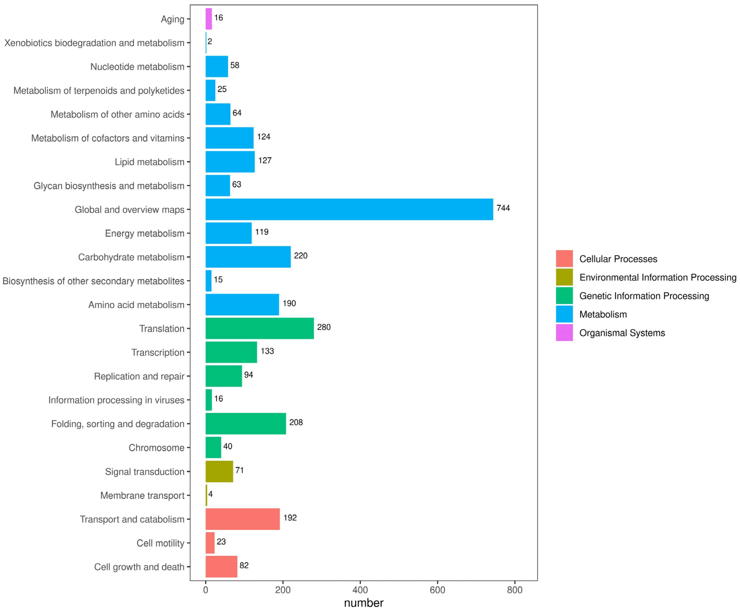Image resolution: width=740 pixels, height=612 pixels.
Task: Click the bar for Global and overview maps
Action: click(x=349, y=209)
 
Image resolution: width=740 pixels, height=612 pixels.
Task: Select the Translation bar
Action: click(x=259, y=328)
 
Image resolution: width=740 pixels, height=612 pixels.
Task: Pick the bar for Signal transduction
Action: click(x=219, y=471)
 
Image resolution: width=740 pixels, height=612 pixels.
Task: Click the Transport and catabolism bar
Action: click(x=243, y=519)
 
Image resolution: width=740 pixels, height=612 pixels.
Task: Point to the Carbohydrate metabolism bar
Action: click(x=248, y=257)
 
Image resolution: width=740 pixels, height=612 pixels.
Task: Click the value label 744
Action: click(x=503, y=208)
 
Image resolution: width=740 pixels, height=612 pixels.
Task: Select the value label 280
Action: click(x=323, y=327)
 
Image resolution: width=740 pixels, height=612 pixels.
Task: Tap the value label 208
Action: click(x=296, y=422)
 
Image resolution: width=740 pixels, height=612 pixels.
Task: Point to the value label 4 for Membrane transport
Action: click(x=210, y=494)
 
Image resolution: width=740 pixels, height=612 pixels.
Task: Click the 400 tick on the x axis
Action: click(x=360, y=590)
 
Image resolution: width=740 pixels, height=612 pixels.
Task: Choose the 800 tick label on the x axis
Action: click(x=514, y=590)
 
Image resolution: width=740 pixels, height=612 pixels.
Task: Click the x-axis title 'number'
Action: click(x=363, y=603)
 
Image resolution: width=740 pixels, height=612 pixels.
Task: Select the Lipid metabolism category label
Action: click(x=149, y=162)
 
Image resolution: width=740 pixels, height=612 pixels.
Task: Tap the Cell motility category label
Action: click(x=160, y=543)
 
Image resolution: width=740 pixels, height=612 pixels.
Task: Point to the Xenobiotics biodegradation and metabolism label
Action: click(x=94, y=43)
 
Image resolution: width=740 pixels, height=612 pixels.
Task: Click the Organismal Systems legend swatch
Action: click(x=564, y=333)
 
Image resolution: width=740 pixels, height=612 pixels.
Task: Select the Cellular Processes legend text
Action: click(x=618, y=259)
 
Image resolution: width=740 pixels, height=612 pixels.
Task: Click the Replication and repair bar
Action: click(x=223, y=376)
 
